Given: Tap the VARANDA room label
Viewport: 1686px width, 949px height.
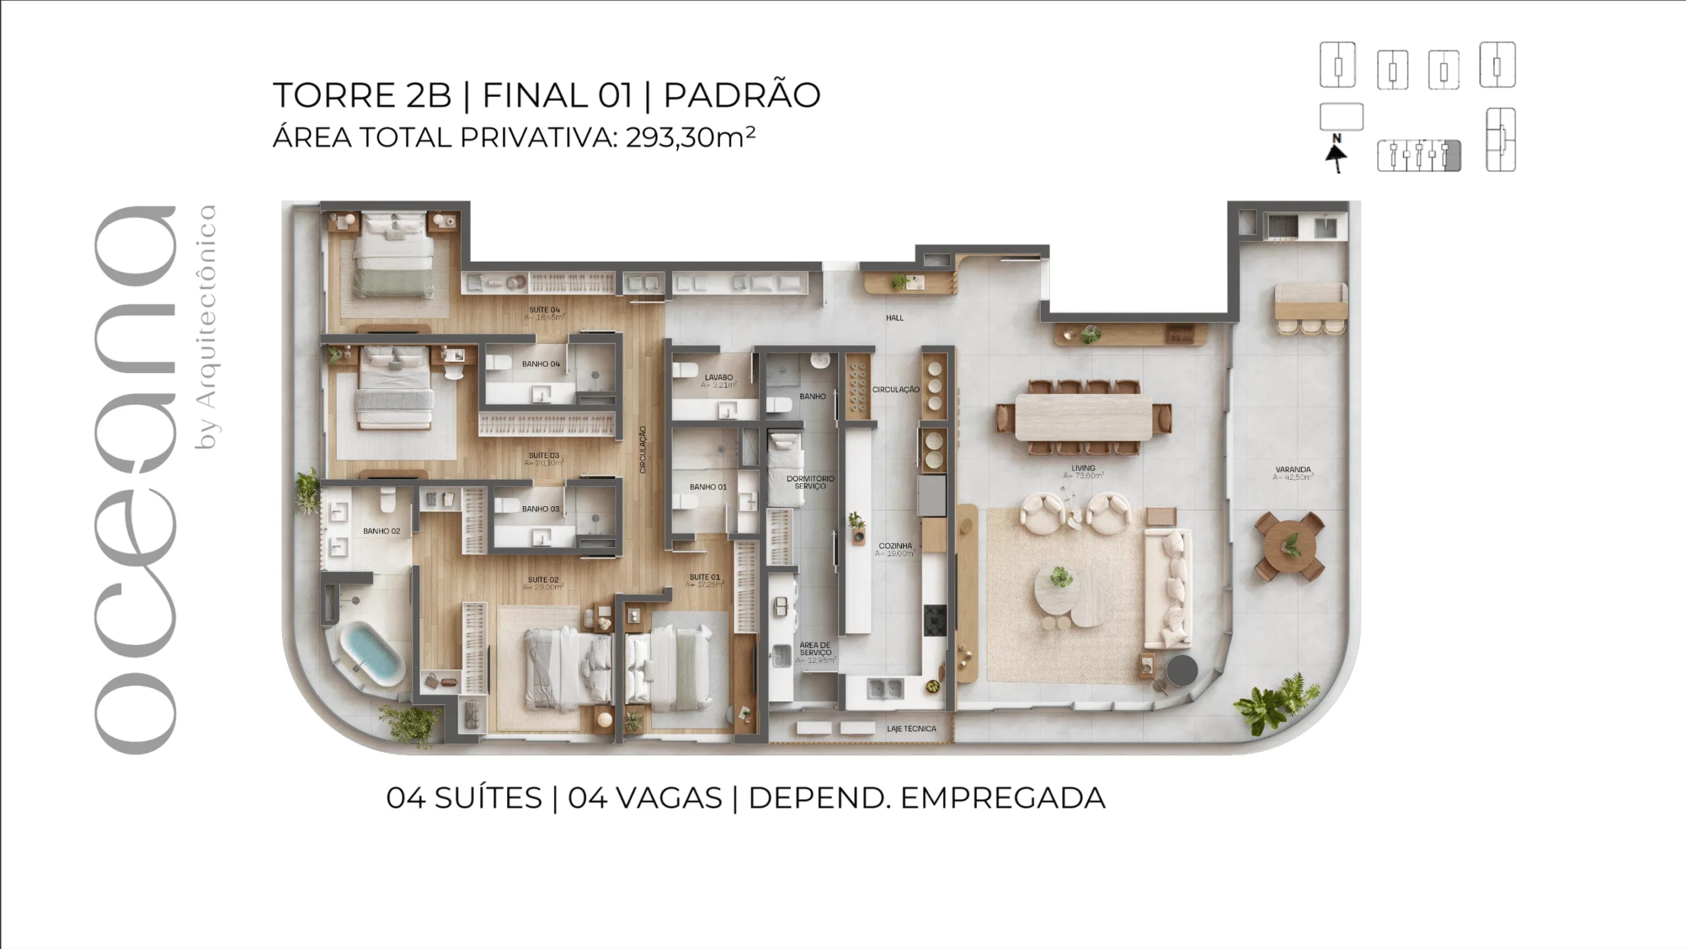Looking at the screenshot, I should [1293, 470].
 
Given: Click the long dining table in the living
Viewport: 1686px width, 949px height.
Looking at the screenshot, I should [1083, 417].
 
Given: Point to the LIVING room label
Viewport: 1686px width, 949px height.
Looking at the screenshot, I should [1083, 469].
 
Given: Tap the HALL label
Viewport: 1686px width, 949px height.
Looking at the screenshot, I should [894, 318].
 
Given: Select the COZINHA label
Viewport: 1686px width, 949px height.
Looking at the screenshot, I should [895, 546].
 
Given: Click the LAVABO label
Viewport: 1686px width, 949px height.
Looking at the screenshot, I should [719, 378].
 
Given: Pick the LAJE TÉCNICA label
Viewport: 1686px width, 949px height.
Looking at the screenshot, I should [911, 729].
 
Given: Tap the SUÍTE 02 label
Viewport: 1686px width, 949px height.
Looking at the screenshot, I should [543, 580].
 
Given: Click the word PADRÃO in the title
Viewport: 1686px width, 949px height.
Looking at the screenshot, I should [742, 95].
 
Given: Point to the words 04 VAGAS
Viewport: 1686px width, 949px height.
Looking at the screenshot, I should [645, 798].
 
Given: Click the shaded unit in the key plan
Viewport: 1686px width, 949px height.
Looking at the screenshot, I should [1452, 156].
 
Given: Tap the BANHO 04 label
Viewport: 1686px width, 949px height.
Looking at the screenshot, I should [541, 364].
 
